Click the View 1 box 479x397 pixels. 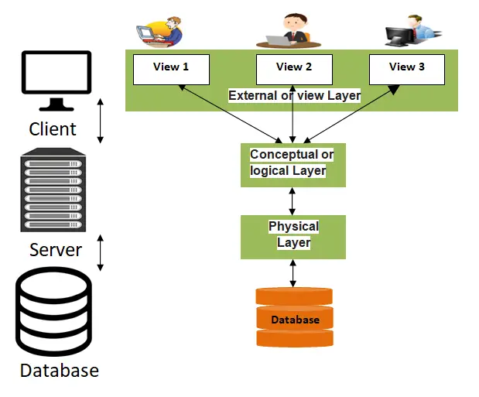(171, 69)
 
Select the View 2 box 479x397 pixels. (293, 69)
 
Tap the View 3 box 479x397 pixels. (406, 69)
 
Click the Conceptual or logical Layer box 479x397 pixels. (293, 164)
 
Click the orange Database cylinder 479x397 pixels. (294, 317)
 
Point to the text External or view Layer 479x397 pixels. (294, 95)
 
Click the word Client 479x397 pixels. (53, 128)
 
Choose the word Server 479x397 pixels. (55, 250)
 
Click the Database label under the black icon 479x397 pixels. (60, 371)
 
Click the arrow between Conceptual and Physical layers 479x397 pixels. (293, 200)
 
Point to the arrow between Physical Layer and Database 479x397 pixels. (293, 273)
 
